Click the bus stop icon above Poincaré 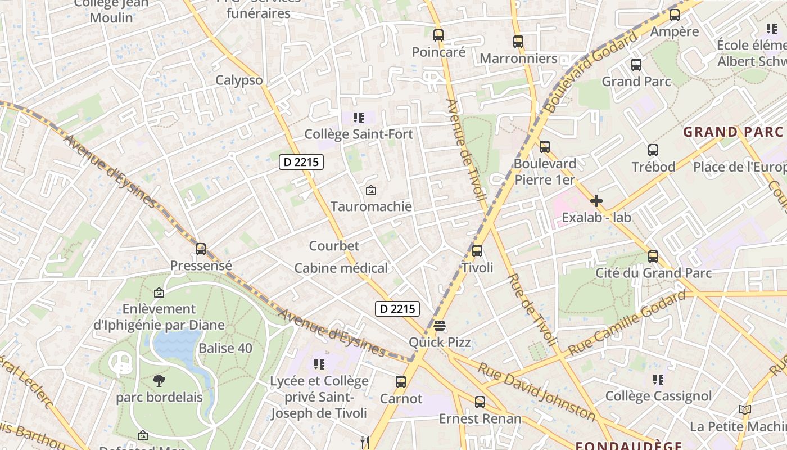(x=438, y=35)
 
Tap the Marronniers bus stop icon (x=518, y=41)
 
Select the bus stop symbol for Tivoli (x=477, y=251)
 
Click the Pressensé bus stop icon (x=201, y=249)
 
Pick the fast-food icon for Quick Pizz (x=440, y=326)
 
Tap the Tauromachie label (x=371, y=206)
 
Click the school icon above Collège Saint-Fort (x=358, y=118)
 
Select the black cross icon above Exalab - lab (x=596, y=200)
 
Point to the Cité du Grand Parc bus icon (x=653, y=256)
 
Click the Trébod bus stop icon (x=653, y=150)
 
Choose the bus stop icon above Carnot (x=401, y=382)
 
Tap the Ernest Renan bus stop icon (x=480, y=402)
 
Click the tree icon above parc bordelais (x=159, y=381)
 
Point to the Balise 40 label (x=225, y=348)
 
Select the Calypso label (x=239, y=80)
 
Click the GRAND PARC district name (x=732, y=132)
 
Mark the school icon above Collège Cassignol (x=658, y=380)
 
